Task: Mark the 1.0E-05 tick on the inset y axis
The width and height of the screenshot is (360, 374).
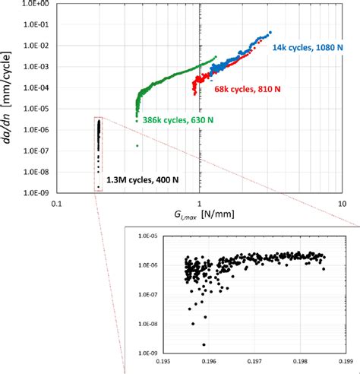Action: (x=148, y=238)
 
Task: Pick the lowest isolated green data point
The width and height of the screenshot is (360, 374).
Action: (x=137, y=145)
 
